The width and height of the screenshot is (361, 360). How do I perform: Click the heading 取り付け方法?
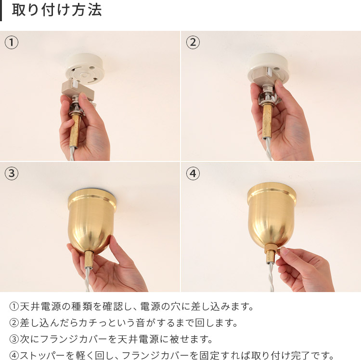pos(57,11)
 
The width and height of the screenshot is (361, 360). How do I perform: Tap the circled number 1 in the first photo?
pos(12,42)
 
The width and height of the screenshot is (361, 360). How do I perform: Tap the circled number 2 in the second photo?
pos(193,42)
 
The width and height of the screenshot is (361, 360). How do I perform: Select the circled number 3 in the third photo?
pos(12,173)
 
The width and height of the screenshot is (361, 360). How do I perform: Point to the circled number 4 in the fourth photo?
pos(193,173)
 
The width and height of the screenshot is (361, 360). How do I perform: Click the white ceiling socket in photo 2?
pos(268,67)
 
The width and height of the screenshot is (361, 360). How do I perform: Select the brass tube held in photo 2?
pos(267,118)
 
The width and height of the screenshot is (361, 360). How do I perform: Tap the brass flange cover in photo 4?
pos(271,214)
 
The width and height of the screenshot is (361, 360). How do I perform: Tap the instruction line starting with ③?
pos(111,339)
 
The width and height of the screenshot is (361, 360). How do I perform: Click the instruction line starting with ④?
pos(171,356)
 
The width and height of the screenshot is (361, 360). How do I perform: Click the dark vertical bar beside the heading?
pos(1,11)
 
